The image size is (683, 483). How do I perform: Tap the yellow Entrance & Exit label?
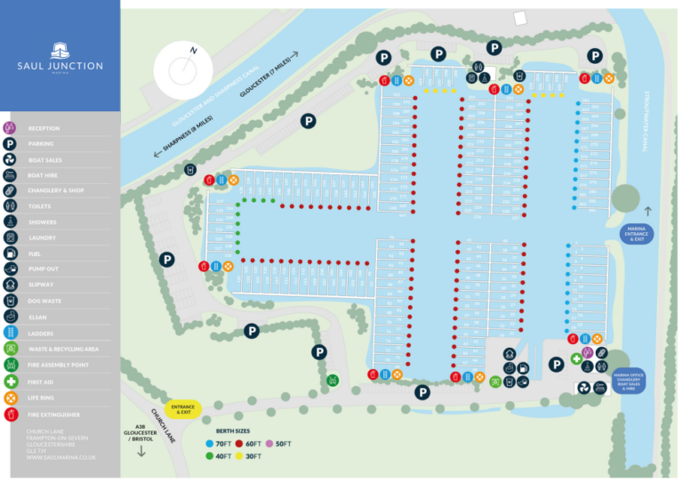click(x=183, y=409)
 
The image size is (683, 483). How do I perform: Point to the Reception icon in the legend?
click(x=10, y=128)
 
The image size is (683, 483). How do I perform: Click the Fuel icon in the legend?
click(x=10, y=254)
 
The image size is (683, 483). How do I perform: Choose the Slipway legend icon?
click(x=10, y=285)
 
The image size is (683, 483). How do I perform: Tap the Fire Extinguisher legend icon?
click(x=10, y=414)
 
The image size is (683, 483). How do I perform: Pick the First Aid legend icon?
click(x=10, y=382)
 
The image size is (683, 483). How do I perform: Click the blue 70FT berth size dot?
click(x=209, y=443)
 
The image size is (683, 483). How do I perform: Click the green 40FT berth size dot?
click(x=209, y=456)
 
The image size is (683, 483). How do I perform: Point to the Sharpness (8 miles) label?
click(x=183, y=137)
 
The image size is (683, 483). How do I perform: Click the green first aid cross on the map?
click(x=575, y=358)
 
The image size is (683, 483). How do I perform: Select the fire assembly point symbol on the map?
click(x=333, y=381)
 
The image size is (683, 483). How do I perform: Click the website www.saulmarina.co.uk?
click(x=61, y=457)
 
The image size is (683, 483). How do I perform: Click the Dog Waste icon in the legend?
click(x=10, y=301)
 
